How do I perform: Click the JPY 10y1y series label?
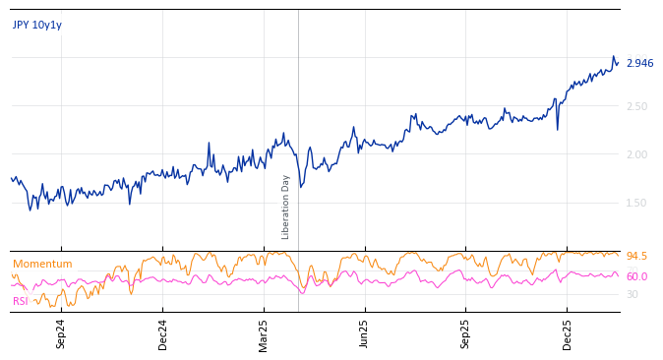[x=37, y=26]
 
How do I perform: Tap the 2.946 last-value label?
[x=639, y=64]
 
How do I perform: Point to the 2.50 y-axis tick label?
[x=636, y=106]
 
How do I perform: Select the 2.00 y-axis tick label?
[x=636, y=154]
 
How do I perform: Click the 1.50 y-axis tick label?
[x=636, y=203]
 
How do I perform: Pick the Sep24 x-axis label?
[x=61, y=333]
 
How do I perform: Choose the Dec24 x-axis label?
[x=163, y=333]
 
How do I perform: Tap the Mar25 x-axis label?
[x=264, y=333]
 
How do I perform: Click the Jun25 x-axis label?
[x=365, y=333]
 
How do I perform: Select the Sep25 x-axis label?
[x=466, y=333]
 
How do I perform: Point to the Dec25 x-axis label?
[x=568, y=333]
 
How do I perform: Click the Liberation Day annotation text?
[x=286, y=207]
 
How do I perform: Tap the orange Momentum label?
[x=42, y=265]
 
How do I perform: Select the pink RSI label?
[x=21, y=301]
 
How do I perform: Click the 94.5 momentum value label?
[x=636, y=257]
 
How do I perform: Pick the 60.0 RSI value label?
[x=636, y=277]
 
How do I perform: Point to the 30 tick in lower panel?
[x=633, y=294]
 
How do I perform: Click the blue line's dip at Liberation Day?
[x=301, y=187]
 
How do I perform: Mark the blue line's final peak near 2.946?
[x=613, y=57]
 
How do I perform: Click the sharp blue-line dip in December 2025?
[x=558, y=129]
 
